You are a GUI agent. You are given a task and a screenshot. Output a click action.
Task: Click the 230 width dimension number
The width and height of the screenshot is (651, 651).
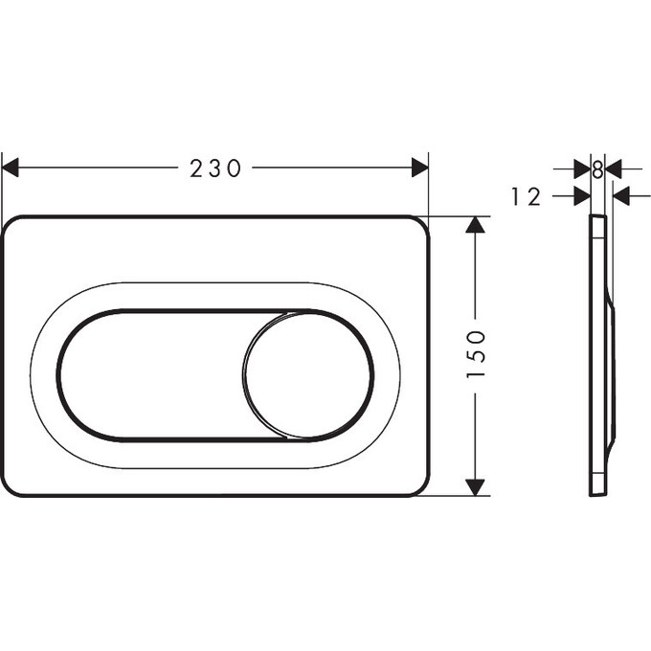pos(214,168)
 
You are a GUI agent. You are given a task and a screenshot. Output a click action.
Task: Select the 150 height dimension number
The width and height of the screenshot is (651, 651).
pos(476,354)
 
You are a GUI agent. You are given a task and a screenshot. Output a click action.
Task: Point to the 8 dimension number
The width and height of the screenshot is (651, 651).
pos(597,168)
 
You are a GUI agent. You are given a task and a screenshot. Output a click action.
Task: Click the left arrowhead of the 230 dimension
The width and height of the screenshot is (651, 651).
pos(11,168)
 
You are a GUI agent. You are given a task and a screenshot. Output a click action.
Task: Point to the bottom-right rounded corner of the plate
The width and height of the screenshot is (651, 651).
pos(419,485)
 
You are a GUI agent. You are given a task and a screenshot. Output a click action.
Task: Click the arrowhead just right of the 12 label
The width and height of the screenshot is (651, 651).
pos(581,196)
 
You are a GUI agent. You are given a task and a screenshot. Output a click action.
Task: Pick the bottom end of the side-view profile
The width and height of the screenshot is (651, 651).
pos(597,493)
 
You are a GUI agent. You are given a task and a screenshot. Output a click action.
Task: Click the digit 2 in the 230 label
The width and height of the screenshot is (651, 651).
pos(195,168)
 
